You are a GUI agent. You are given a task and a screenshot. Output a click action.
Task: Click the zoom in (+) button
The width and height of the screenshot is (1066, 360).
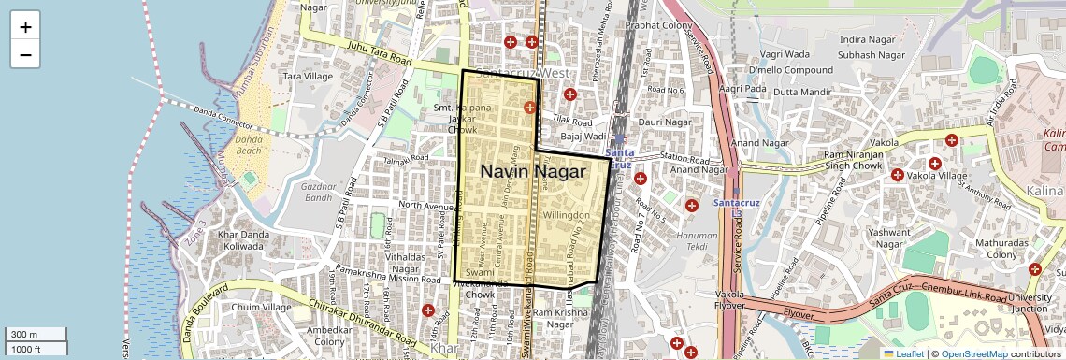pos(25,27)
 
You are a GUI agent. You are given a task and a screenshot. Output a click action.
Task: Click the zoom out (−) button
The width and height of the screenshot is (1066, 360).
pos(25,55)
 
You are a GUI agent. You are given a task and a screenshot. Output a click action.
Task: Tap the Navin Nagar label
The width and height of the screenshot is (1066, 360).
pos(533,172)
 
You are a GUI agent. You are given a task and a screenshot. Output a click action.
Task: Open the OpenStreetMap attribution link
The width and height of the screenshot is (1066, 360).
pos(974,353)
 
